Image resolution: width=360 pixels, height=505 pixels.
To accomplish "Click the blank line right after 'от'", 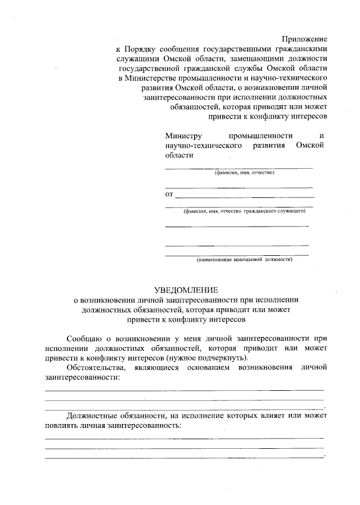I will point(245,196).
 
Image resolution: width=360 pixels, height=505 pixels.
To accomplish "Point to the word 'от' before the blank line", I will point(169,195).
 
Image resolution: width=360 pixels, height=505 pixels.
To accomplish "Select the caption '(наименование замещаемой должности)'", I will point(244,259).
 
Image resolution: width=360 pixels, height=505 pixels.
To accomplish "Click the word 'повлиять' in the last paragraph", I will point(61,425).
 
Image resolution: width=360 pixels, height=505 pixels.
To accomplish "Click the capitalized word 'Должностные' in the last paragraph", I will point(90,416).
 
